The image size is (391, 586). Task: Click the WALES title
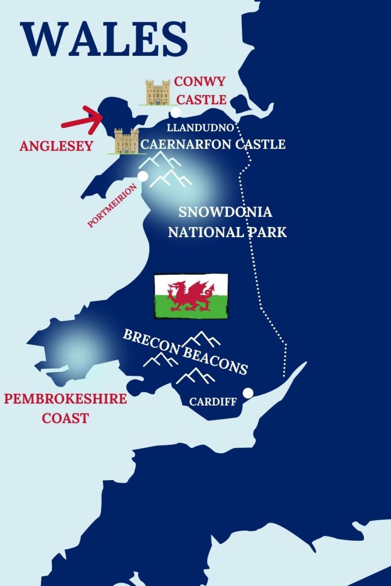(105, 40)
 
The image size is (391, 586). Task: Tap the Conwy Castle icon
(158, 93)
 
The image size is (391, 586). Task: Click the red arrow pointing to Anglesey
(82, 120)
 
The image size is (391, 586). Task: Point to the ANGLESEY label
(56, 146)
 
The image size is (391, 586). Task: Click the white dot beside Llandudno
(176, 112)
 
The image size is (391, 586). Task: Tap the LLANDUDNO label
(200, 127)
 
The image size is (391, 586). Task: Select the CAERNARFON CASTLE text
(213, 144)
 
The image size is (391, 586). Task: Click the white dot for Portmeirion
(143, 176)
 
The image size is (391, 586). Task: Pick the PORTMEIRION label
(113, 205)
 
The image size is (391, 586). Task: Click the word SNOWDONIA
(227, 213)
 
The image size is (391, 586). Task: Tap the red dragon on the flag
(190, 296)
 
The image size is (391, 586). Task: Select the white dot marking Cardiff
(248, 393)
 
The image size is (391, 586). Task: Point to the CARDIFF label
(213, 402)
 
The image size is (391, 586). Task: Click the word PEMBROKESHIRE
(65, 398)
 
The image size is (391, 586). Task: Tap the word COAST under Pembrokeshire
(65, 418)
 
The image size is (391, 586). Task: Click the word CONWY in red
(200, 82)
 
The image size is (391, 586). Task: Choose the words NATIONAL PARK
(227, 232)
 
